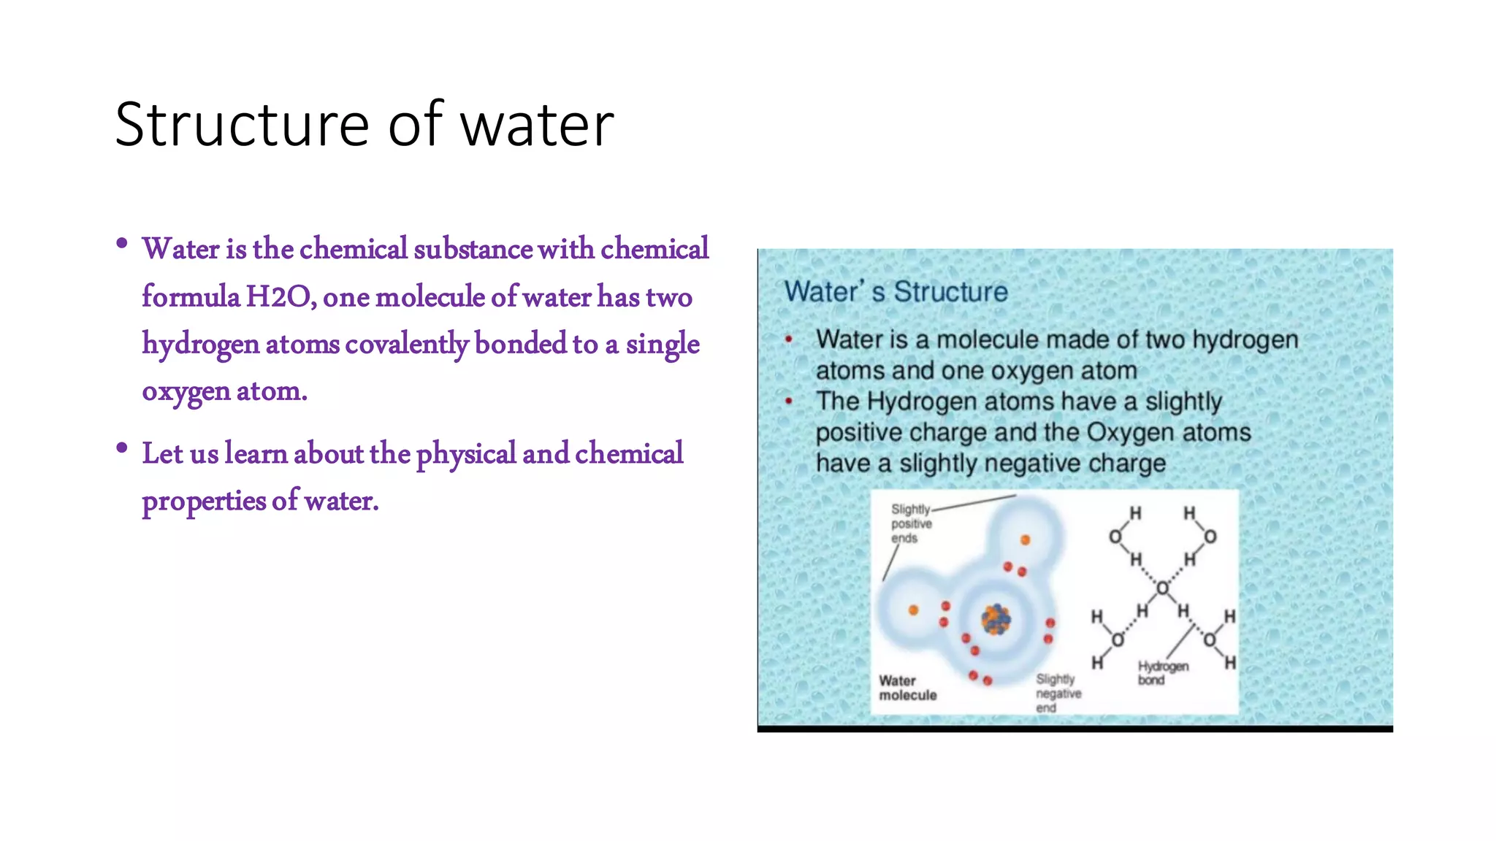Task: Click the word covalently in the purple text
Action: point(406,344)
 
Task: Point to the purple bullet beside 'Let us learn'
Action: point(122,448)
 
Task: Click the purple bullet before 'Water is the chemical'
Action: point(122,243)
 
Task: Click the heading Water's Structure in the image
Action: point(896,292)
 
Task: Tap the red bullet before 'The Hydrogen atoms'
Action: point(789,401)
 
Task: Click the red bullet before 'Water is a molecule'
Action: point(789,339)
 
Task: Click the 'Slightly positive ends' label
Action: point(910,523)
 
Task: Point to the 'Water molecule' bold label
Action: point(907,688)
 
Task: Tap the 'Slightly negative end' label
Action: point(1058,693)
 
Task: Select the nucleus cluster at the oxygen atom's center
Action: point(996,620)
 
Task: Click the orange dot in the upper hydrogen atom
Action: point(1025,540)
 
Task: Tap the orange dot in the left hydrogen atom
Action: point(913,610)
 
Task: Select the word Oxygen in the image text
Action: point(1130,432)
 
